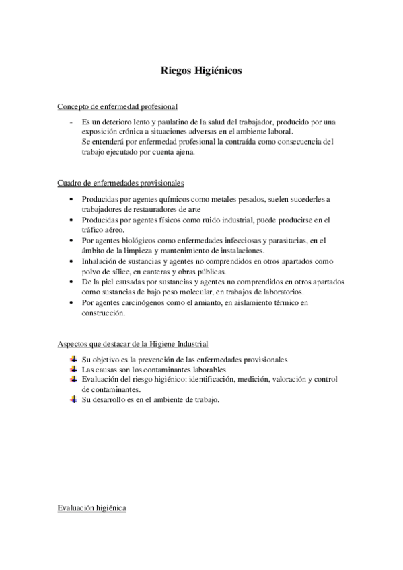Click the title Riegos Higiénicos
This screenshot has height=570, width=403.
point(201,70)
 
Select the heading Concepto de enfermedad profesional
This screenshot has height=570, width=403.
point(118,106)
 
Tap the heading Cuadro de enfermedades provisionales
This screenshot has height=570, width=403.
point(121,183)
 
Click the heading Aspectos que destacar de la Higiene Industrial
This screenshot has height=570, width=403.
point(133,343)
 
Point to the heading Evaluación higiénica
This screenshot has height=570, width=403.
point(92,508)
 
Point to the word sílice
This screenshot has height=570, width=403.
point(118,271)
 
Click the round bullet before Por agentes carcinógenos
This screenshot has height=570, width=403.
point(72,303)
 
